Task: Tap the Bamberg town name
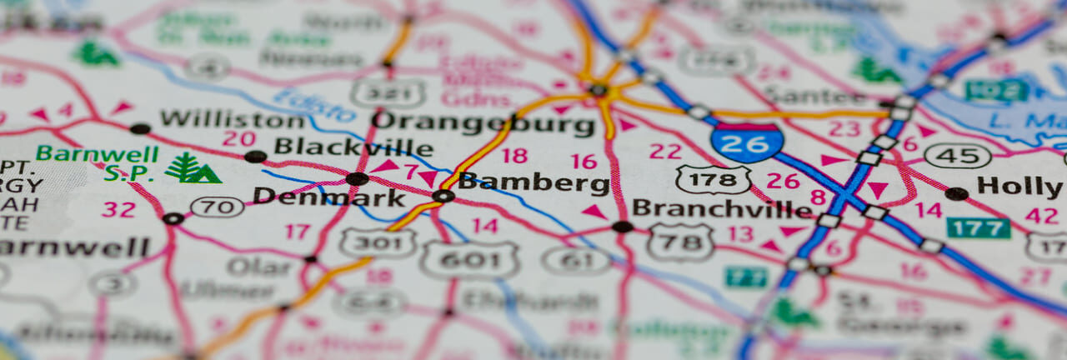point(534,182)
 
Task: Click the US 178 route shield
point(713,179)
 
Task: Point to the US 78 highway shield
point(680,241)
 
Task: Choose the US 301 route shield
point(378,242)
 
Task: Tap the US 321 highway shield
point(388,92)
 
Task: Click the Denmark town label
point(318,196)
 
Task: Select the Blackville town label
point(353,147)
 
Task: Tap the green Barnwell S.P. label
point(98,163)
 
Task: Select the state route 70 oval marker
point(217,207)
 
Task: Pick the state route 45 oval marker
point(958,156)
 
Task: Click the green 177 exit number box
point(978,227)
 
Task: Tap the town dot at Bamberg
point(443,196)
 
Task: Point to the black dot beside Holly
point(957,193)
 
